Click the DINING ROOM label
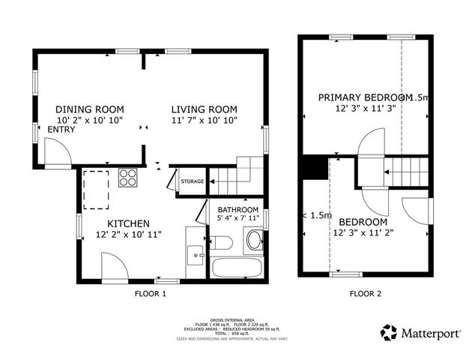[x=89, y=109]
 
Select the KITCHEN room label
[x=128, y=223]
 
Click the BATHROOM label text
[x=238, y=209]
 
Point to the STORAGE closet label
[x=193, y=181]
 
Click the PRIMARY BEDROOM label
[x=365, y=97]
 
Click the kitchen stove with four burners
[x=128, y=178]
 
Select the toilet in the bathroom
[x=254, y=240]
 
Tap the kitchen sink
[x=197, y=256]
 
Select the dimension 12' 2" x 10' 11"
[x=129, y=235]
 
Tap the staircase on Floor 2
[x=407, y=171]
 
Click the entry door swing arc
[x=57, y=154]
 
